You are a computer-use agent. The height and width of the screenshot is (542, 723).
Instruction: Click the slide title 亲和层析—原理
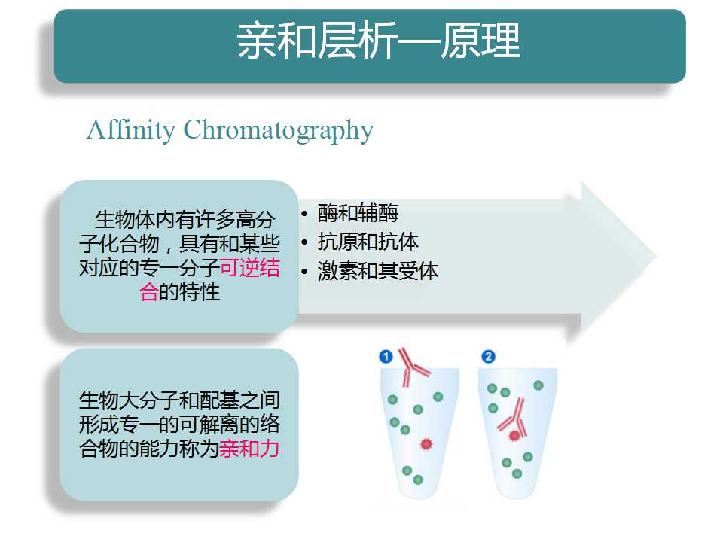pyautogui.click(x=379, y=41)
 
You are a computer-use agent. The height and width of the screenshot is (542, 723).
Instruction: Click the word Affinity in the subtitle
pyautogui.click(x=131, y=130)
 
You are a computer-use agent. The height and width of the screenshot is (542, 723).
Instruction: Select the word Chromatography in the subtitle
pyautogui.click(x=279, y=130)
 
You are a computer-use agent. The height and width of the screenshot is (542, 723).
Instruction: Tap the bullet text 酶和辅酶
pyautogui.click(x=358, y=213)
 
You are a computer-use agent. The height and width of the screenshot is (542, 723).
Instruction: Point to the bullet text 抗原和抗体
pyautogui.click(x=368, y=242)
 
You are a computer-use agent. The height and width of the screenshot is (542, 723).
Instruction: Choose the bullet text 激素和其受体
pyautogui.click(x=377, y=271)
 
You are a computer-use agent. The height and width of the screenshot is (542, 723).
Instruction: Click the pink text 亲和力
pyautogui.click(x=249, y=449)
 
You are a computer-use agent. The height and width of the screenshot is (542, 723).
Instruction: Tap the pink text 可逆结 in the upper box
pyautogui.click(x=249, y=268)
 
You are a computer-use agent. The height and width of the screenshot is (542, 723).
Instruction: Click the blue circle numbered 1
pyautogui.click(x=386, y=356)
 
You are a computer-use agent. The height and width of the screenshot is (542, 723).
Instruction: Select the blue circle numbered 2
pyautogui.click(x=488, y=356)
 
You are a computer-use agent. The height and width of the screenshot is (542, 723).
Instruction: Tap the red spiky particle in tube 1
pyautogui.click(x=426, y=443)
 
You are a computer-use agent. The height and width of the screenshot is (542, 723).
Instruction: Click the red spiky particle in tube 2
pyautogui.click(x=514, y=435)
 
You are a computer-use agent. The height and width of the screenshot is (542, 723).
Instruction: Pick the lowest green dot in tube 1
pyautogui.click(x=418, y=480)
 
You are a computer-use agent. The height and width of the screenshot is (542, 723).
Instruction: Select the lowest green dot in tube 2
pyautogui.click(x=517, y=473)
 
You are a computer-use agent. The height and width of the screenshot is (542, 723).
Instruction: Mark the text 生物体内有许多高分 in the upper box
pyautogui.click(x=185, y=220)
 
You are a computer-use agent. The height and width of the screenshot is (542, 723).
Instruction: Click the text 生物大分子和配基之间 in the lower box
pyautogui.click(x=179, y=400)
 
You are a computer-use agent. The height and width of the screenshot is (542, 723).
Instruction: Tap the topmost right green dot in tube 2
pyautogui.click(x=538, y=385)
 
